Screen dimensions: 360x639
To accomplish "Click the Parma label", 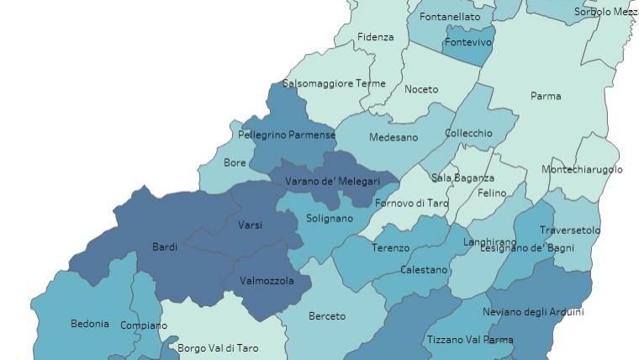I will tap(546, 96).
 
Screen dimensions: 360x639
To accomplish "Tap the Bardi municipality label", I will tap(164, 246).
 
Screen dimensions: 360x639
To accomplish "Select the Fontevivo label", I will tap(468, 41).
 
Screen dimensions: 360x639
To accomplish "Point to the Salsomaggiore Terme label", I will tap(334, 83).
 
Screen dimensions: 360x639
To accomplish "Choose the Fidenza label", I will tap(375, 37).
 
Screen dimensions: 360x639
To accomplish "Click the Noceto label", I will tap(420, 89).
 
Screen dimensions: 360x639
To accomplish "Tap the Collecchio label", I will tap(468, 133).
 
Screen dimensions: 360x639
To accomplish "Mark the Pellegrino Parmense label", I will tap(287, 135).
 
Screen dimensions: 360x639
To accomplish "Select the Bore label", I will tap(235, 163).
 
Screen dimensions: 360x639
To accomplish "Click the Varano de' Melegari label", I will tap(332, 181).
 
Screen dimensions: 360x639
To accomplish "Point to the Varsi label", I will tap(250, 225).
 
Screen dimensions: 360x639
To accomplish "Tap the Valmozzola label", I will tap(267, 281).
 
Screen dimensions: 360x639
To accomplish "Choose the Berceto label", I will tap(327, 316).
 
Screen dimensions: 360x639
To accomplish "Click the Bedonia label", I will tap(89, 323).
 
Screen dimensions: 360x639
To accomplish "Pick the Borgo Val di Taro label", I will tap(218, 347).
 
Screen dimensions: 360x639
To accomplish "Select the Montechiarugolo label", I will tap(582, 169).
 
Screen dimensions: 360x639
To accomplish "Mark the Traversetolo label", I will tap(570, 230).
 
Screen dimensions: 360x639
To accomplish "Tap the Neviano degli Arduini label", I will tap(533, 312).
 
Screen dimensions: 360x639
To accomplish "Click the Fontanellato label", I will tap(450, 17).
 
